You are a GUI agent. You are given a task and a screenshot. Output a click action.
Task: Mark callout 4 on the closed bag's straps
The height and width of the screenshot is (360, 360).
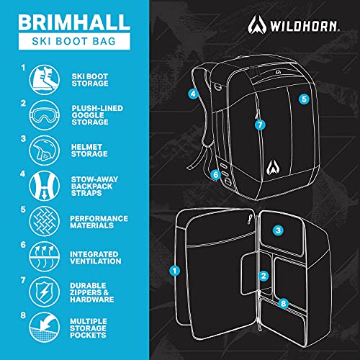click(x=193, y=94)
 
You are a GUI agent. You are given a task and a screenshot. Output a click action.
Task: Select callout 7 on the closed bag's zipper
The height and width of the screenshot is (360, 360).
click(x=261, y=124)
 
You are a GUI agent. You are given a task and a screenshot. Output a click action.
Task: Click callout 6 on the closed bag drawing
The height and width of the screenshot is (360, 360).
click(x=215, y=174)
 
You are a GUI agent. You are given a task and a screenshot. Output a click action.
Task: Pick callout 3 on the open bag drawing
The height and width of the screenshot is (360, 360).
click(x=278, y=230)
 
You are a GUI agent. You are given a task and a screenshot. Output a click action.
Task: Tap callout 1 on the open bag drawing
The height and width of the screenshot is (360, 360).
click(x=174, y=271)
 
